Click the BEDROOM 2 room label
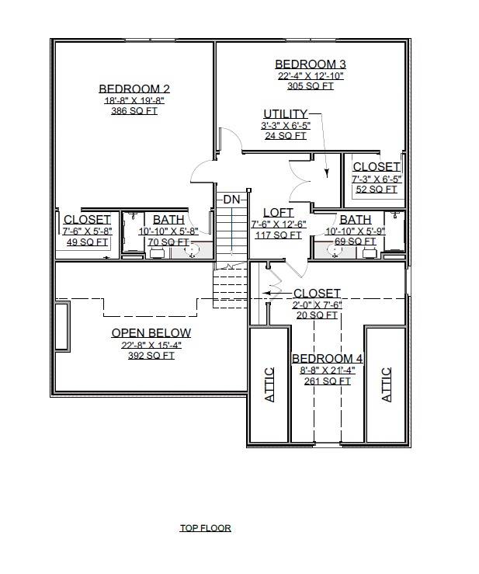click(x=134, y=89)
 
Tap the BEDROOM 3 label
click(x=311, y=64)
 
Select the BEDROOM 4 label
click(x=328, y=359)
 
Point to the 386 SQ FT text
click(x=134, y=111)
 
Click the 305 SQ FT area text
click(x=311, y=86)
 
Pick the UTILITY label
click(x=285, y=114)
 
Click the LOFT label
click(x=278, y=213)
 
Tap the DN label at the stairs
click(x=231, y=200)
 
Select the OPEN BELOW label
click(x=151, y=333)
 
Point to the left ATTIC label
click(x=269, y=384)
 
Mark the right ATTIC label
click(x=387, y=384)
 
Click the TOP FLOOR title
click(x=206, y=528)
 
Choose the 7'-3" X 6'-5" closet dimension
click(x=377, y=179)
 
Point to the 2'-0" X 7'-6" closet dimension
click(x=316, y=304)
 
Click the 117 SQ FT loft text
click(x=278, y=235)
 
